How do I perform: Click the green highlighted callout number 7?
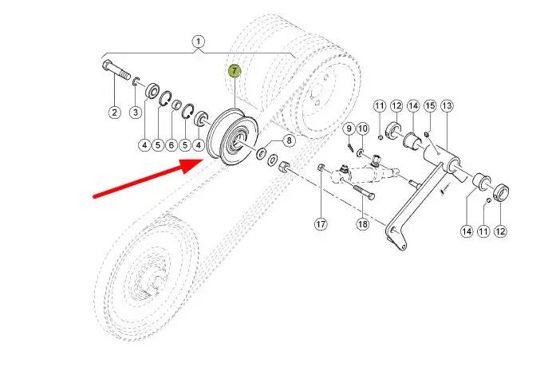(x=235, y=71)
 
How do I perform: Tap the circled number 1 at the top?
(x=198, y=41)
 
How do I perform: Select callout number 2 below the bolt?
(x=114, y=112)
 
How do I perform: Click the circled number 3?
(x=136, y=112)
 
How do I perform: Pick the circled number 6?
(x=172, y=144)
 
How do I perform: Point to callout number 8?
(x=289, y=140)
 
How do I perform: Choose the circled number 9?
(x=349, y=128)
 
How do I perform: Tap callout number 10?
(x=362, y=128)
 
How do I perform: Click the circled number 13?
(x=447, y=105)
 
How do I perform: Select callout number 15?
(x=430, y=105)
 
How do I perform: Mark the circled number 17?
(x=321, y=224)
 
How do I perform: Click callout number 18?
(x=362, y=224)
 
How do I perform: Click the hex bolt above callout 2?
(x=116, y=70)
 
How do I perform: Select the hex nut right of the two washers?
(x=285, y=166)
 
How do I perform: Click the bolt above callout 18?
(x=364, y=192)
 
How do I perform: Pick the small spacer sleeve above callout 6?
(x=176, y=105)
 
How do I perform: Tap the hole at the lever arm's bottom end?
(x=403, y=246)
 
